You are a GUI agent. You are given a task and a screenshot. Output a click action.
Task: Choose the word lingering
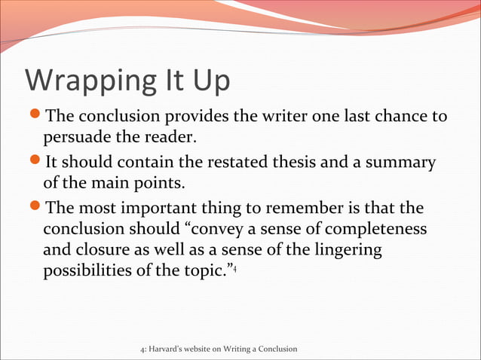point(347,250)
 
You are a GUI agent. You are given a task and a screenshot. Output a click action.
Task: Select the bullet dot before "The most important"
point(35,206)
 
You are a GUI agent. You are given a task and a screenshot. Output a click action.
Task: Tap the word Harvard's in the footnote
point(170,349)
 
